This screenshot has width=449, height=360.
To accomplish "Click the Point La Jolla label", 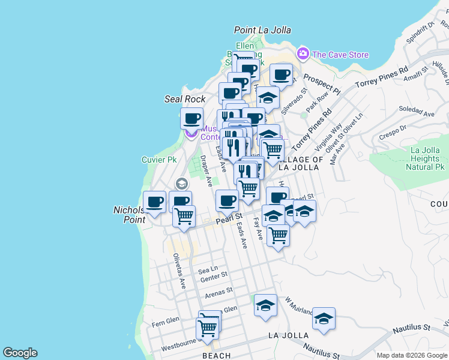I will tap(262, 30).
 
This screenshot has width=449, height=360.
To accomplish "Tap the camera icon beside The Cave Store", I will tap(303, 54).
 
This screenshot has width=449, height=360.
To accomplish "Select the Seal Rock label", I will tap(185, 99).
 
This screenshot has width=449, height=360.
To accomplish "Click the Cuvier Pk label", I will tap(159, 160).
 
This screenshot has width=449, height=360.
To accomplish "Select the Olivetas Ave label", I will tap(179, 271).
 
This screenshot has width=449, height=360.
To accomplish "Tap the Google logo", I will tap(20, 353).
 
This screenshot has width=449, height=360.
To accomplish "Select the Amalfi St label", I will tap(415, 74).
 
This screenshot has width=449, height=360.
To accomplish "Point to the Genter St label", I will tap(214, 277).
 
